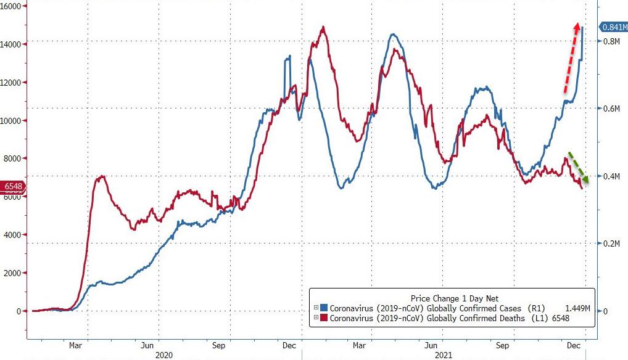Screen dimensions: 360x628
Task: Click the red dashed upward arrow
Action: (x=571, y=59)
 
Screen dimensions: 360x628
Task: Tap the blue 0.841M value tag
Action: (x=614, y=27)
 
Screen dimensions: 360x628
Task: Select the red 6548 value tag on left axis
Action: (x=14, y=186)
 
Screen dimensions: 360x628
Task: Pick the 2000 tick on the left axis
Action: (x=15, y=273)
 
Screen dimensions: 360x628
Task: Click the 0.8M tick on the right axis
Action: (x=612, y=41)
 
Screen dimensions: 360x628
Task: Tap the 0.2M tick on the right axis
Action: (x=612, y=243)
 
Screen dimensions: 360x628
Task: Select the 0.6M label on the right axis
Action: (x=612, y=108)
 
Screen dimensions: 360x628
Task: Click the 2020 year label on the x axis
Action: (x=164, y=356)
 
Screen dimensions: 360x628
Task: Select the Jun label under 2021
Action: (x=432, y=346)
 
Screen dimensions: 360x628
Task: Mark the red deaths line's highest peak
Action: (x=323, y=27)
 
